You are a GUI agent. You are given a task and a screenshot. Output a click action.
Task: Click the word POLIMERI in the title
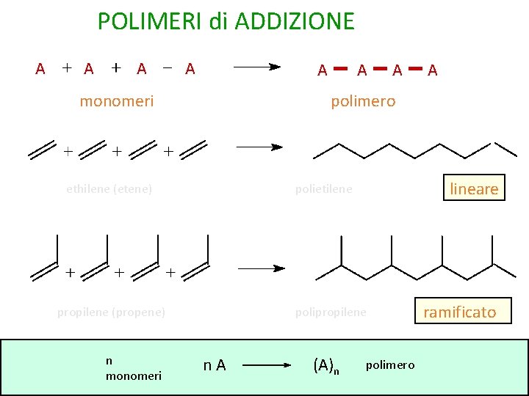pos(151,21)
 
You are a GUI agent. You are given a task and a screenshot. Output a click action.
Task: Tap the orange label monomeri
pos(117,101)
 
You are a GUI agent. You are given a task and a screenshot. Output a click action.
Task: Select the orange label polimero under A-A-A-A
pos(363,101)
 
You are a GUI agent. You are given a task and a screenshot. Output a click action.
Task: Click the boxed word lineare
pos(474,188)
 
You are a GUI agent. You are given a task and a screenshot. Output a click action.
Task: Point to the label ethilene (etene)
pos(109,188)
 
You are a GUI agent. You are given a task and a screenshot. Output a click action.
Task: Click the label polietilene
pos(324,188)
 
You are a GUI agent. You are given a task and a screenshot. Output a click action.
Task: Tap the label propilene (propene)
pos(111,312)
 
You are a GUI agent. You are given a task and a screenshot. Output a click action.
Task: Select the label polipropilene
pos(331,312)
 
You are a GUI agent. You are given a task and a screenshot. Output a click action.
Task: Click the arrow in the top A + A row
pos(257,67)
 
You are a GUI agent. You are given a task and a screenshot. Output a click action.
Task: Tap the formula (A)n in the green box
pos(326,364)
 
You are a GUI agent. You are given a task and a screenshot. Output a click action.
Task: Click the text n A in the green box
pos(215,364)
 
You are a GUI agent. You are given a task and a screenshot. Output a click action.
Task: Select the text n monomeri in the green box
pos(134,368)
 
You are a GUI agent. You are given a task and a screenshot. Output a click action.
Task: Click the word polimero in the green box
pos(390,365)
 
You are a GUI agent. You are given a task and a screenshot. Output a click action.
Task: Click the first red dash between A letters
pos(340,69)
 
